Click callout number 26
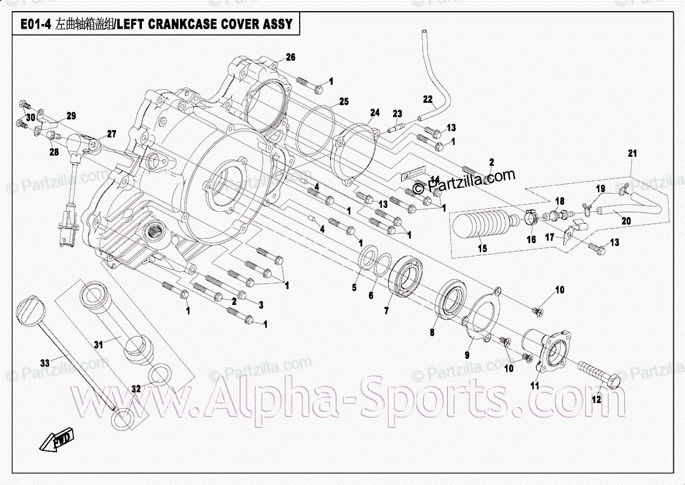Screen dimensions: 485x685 pos(291,57)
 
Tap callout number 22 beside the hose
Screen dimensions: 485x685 pos(428,99)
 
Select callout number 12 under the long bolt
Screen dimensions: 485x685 pos(596,400)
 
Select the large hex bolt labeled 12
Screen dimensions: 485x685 pos(598,372)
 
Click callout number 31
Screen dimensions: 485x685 pos(99,345)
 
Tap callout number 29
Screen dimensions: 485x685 pos(71,116)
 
